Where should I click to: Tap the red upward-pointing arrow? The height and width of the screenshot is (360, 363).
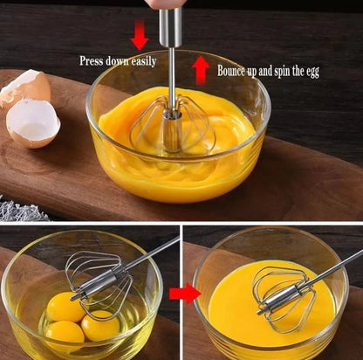pyautogui.click(x=200, y=69)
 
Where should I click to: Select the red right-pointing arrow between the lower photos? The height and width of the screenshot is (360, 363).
pyautogui.click(x=184, y=293)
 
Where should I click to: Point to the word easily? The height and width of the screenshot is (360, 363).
pyautogui.click(x=141, y=62)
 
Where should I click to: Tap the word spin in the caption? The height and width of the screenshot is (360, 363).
pyautogui.click(x=278, y=71)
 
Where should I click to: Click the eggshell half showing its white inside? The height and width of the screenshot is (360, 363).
pyautogui.click(x=33, y=122)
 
